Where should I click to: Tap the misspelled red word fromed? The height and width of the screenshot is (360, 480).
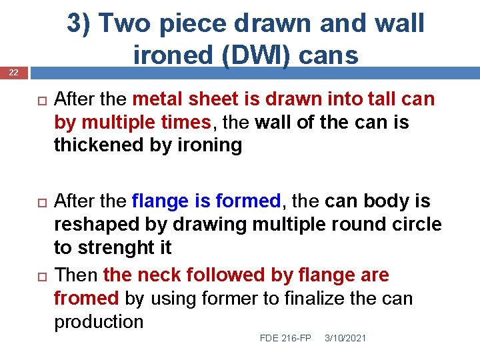(86, 298)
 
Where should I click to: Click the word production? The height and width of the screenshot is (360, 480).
(99, 321)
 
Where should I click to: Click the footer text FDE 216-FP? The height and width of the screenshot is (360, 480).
(285, 339)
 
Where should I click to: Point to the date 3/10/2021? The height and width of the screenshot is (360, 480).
(345, 339)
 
